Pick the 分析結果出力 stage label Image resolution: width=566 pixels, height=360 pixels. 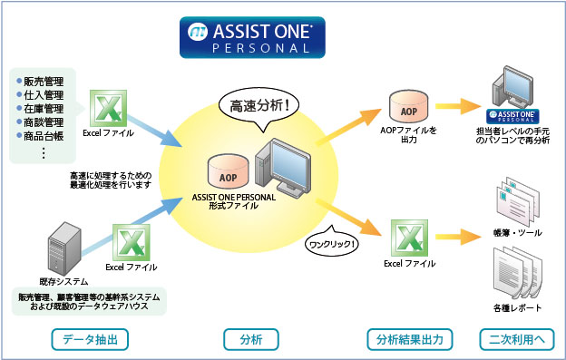(x=410, y=340)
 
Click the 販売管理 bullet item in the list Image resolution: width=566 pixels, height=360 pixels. (x=41, y=79)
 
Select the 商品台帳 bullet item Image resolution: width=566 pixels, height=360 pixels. (x=41, y=136)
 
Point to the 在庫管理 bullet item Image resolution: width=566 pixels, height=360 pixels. (x=41, y=108)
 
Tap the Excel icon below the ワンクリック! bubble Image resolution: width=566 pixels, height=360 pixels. (x=409, y=238)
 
